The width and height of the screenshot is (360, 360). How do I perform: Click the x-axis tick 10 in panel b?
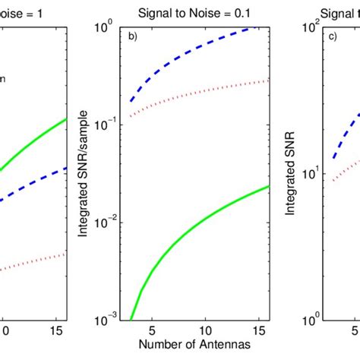pyautogui.click(x=204, y=331)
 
